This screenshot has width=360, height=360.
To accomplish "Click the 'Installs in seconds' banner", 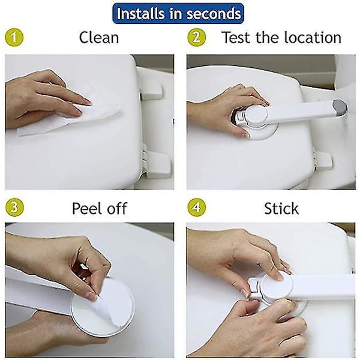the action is click(x=178, y=13).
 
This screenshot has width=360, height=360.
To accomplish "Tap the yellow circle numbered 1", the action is click(x=14, y=37).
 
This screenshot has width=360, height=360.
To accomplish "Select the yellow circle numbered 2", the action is click(x=197, y=37).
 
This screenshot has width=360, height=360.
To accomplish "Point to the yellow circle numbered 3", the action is click(x=14, y=207).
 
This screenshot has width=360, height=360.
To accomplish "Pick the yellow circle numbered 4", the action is click(x=197, y=207).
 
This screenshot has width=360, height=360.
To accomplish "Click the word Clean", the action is click(x=99, y=37).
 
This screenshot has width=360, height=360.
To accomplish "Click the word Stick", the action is click(x=281, y=208).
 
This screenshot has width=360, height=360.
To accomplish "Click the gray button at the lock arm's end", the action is click(x=340, y=107).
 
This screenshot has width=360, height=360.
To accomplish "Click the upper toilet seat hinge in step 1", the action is click(x=151, y=91).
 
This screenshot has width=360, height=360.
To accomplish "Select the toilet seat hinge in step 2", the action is click(x=323, y=160).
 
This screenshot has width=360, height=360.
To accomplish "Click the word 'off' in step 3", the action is click(x=117, y=208).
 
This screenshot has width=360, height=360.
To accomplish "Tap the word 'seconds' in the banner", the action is click(x=214, y=14).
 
